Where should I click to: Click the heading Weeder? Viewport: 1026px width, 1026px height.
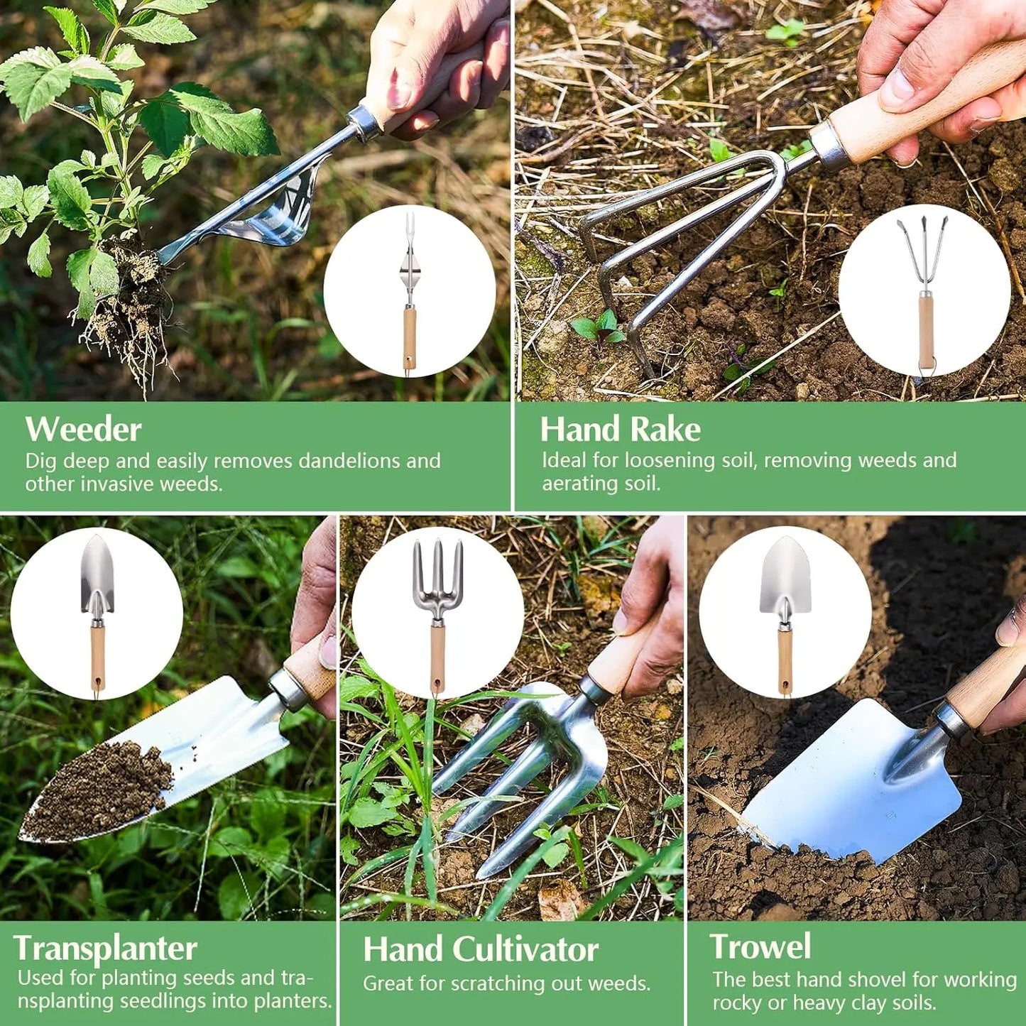coord(83,430)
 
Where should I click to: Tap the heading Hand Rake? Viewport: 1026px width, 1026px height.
coord(620,430)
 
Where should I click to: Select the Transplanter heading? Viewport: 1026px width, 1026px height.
coord(105,948)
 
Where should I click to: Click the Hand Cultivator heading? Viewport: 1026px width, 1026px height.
coord(481,949)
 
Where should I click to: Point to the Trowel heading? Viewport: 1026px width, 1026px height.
coord(760,946)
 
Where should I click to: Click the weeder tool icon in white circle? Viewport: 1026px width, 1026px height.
coord(410,291)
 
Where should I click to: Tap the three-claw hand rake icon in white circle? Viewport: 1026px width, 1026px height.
coord(924,291)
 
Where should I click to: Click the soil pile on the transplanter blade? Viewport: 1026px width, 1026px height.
coord(99,788)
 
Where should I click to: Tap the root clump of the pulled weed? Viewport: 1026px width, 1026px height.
coord(131,298)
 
